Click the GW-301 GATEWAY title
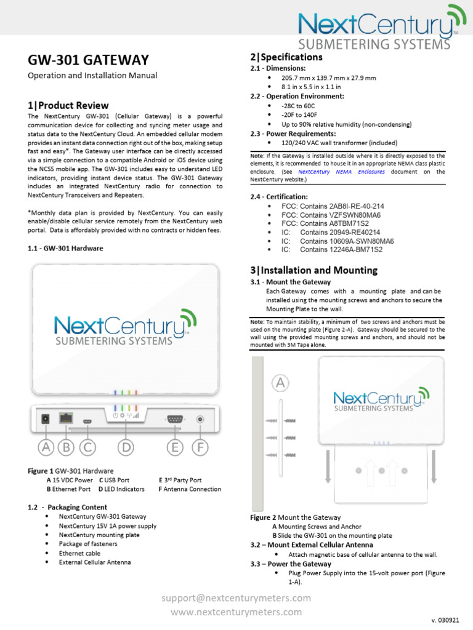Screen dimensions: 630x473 pos(89,60)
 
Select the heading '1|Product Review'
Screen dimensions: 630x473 pos(68,105)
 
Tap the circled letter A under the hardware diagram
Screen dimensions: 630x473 pos(46,447)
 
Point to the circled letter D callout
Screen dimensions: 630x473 pos(126,447)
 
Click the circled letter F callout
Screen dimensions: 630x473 pos(200,447)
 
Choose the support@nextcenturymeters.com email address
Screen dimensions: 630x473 pos(236,598)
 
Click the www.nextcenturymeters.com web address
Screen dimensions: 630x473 pos(236,612)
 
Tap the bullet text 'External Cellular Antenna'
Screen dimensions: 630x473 pos(95,562)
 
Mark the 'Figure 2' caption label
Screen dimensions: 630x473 pos(263,517)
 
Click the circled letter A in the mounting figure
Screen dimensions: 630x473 pos(280,383)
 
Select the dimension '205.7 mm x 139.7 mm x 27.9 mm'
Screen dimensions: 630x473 pos(328,78)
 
